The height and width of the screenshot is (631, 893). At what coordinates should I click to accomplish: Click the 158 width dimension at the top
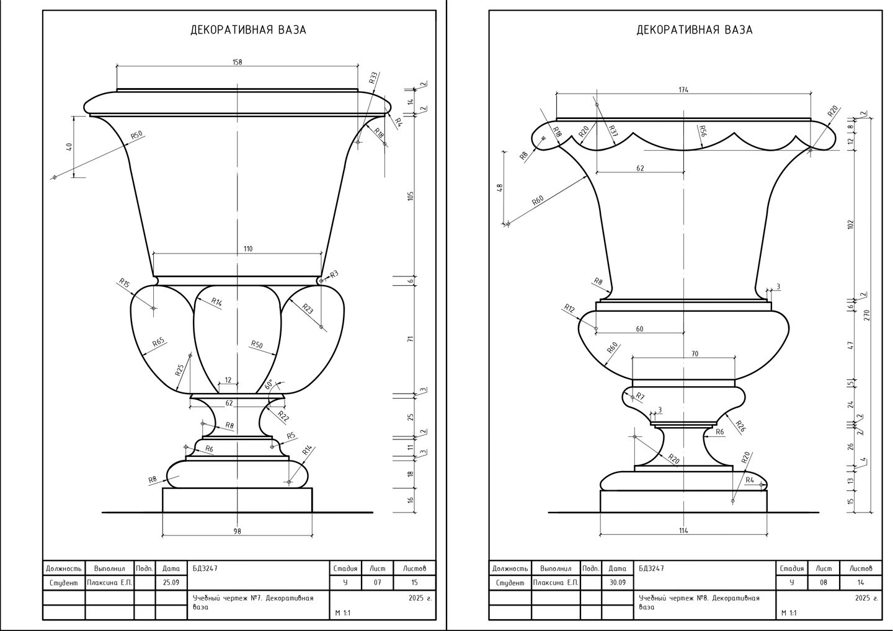tap(237, 62)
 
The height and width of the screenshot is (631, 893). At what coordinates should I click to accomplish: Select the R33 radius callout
tap(373, 77)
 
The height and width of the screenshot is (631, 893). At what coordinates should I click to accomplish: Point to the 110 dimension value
tap(248, 249)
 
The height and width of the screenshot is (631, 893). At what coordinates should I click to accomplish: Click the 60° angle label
tap(269, 384)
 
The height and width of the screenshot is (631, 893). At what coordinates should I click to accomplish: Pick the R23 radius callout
tap(308, 309)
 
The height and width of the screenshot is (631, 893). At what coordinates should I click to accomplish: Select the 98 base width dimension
tap(237, 531)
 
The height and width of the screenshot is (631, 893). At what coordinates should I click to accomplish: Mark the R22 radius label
tap(283, 417)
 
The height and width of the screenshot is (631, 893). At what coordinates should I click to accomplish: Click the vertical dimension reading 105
tap(411, 196)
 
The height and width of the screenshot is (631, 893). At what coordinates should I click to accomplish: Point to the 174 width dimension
tap(683, 90)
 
